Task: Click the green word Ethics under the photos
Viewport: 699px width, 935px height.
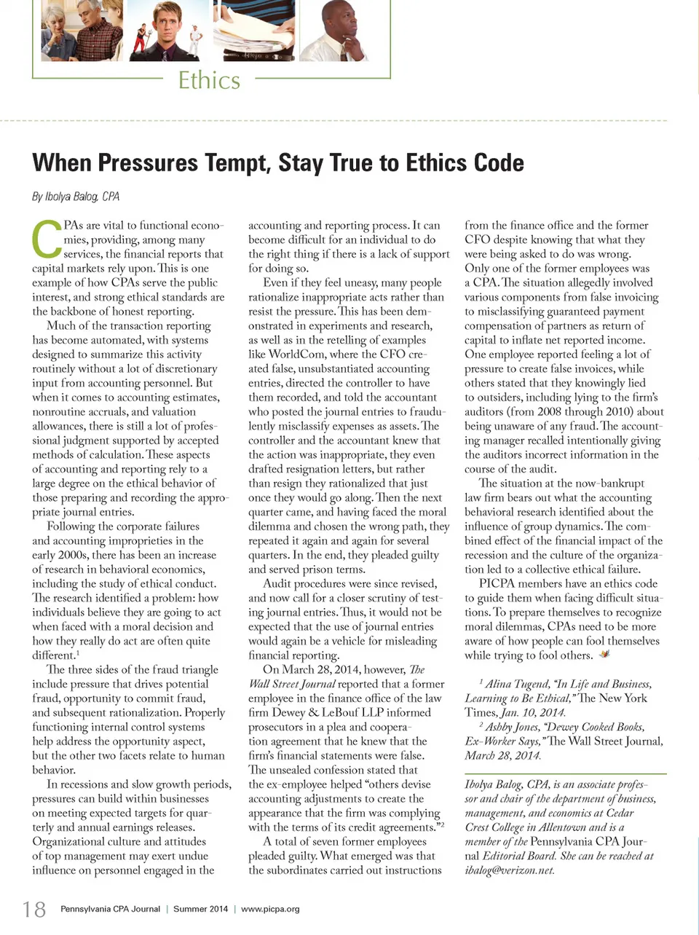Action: point(209,80)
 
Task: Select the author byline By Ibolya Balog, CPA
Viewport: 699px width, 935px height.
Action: point(76,196)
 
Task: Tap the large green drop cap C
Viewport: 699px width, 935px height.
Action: point(46,240)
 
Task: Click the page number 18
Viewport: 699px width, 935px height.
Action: point(34,909)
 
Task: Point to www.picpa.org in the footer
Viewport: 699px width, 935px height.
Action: point(270,909)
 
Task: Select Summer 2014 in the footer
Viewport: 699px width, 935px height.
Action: point(200,909)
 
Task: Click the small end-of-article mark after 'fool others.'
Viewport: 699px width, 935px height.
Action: point(604,655)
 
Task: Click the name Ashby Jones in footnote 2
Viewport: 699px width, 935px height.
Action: point(513,727)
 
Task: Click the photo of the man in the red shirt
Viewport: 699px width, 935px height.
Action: point(169,31)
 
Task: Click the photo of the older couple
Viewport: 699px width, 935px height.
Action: point(81,31)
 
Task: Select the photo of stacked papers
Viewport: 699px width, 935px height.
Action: point(256,31)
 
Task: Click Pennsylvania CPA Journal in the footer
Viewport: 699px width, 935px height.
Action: point(110,909)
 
